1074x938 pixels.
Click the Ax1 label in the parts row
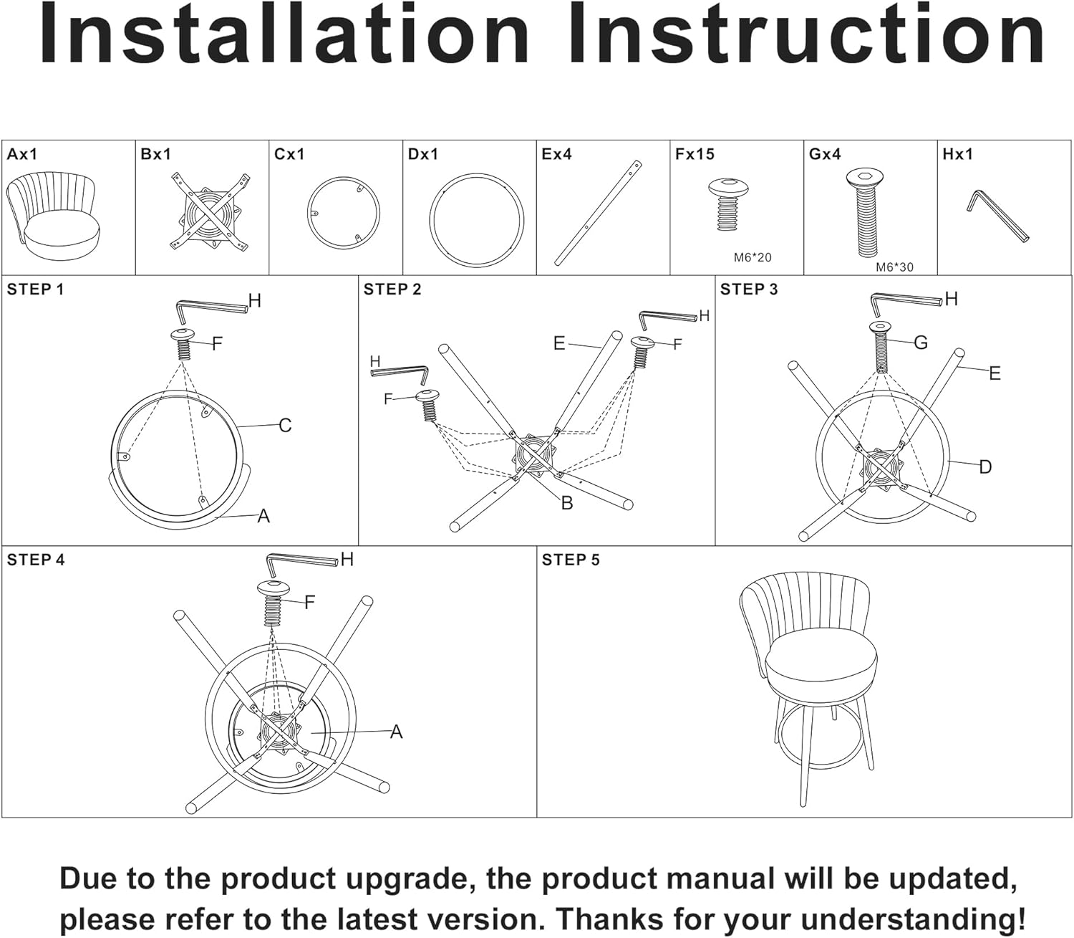tap(22, 154)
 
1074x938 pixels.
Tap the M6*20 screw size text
tap(753, 257)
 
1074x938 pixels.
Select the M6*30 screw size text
tap(894, 267)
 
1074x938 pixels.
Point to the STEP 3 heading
tap(748, 289)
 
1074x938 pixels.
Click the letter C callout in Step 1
tap(285, 425)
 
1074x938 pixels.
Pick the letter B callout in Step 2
tap(567, 502)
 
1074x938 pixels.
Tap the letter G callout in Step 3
tap(921, 343)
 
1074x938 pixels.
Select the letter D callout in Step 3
tap(985, 466)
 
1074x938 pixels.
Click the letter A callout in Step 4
tap(397, 731)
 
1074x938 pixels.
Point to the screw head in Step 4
tap(273, 588)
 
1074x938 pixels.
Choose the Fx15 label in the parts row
tap(695, 154)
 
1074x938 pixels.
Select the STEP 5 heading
tap(571, 560)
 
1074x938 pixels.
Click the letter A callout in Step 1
tap(263, 516)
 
